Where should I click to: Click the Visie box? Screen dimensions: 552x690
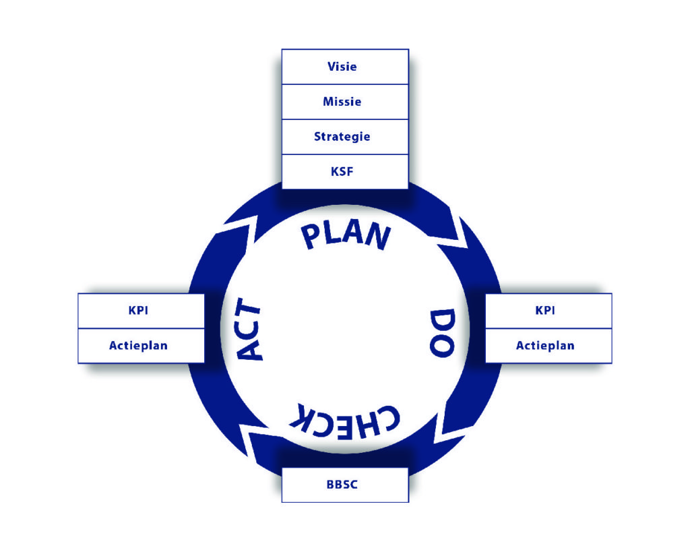tap(344, 67)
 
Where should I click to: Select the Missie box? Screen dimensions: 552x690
tap(344, 102)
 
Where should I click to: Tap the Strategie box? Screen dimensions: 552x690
tap(344, 137)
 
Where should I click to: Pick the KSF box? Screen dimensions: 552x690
tap(344, 172)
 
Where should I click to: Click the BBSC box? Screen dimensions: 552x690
tap(344, 485)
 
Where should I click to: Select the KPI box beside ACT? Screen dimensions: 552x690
tap(140, 311)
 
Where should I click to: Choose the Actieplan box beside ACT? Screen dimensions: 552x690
tap(140, 346)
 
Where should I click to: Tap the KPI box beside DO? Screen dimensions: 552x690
tap(548, 311)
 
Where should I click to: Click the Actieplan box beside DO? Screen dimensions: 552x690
tap(548, 346)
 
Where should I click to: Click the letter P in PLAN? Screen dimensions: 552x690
tap(314, 237)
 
